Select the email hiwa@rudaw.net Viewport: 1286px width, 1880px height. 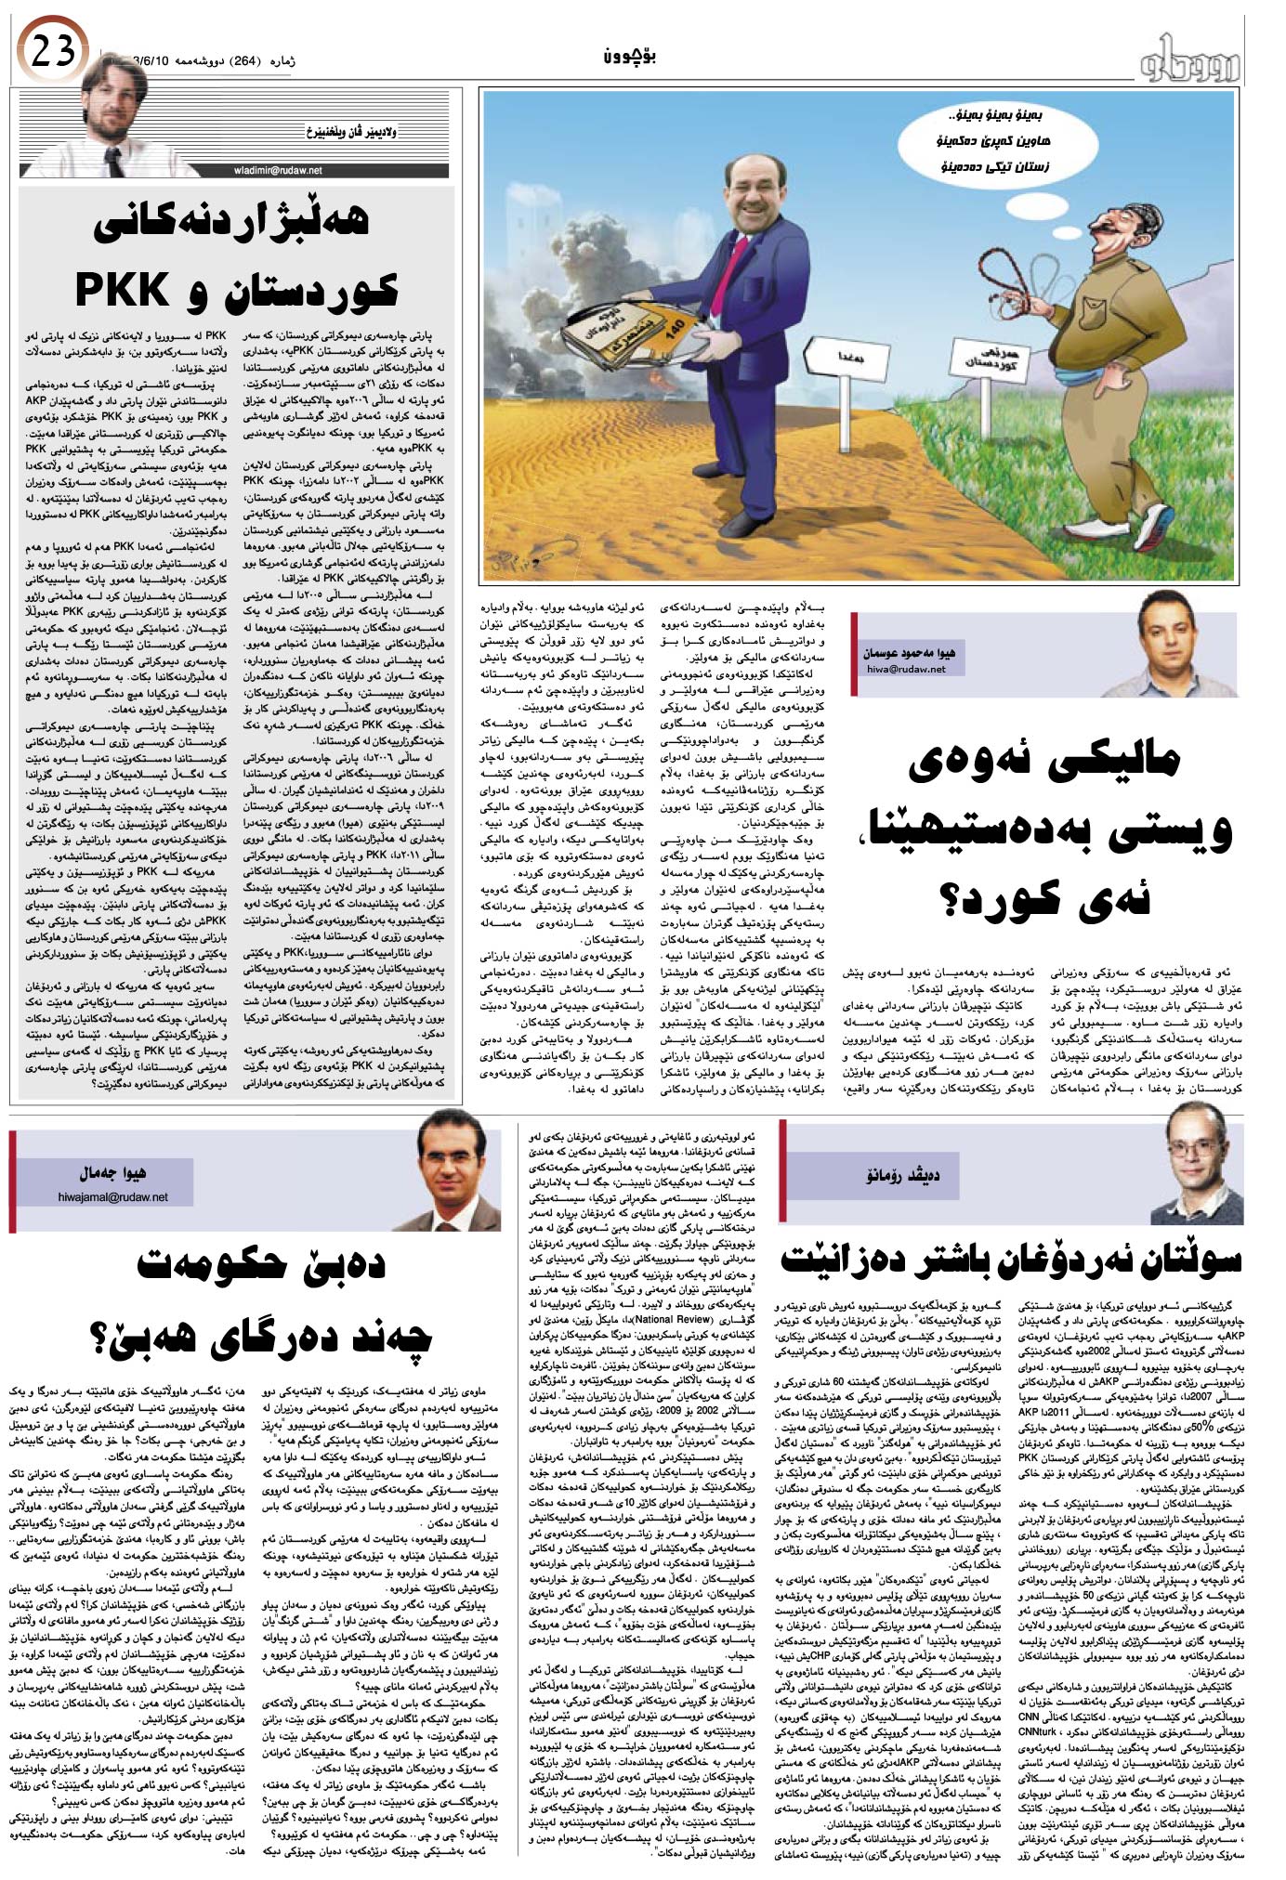click(905, 669)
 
